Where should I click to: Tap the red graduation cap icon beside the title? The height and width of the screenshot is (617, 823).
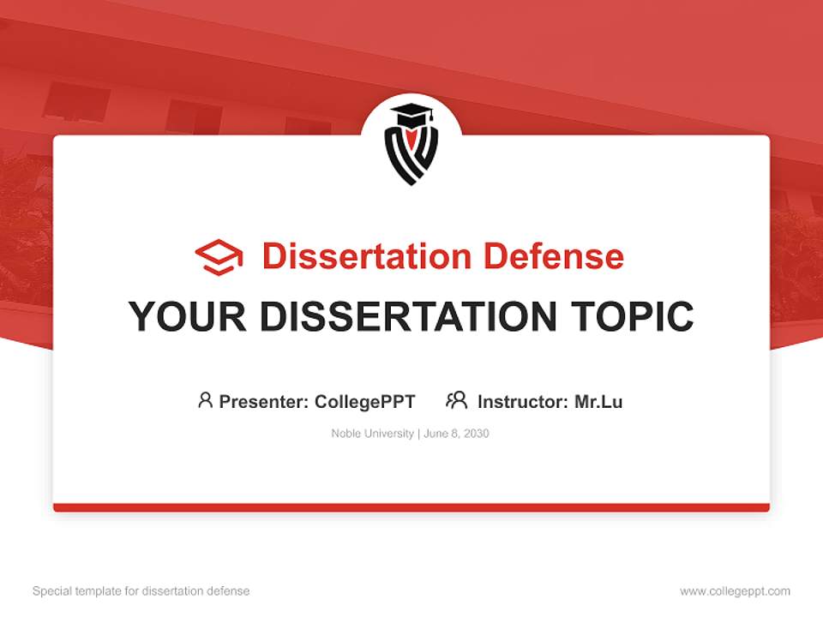(x=219, y=257)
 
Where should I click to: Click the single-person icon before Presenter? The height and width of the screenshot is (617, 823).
(x=205, y=400)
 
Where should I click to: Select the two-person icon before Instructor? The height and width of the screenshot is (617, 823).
(x=456, y=400)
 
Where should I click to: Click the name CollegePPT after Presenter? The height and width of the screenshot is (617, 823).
(x=365, y=402)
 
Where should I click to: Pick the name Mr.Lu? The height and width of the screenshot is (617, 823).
(x=598, y=402)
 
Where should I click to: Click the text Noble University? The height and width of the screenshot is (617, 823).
(x=372, y=434)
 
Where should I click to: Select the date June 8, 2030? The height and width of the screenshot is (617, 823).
(x=456, y=434)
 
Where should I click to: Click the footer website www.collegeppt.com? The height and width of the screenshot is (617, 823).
(x=735, y=591)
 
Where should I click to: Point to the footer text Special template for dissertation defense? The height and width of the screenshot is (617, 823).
(x=141, y=591)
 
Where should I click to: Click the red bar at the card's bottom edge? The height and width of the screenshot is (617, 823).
(x=411, y=507)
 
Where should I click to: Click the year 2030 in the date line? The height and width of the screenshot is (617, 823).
(x=476, y=434)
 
